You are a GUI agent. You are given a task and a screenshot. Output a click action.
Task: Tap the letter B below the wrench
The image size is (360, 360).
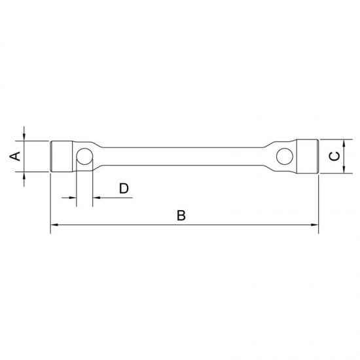pyautogui.click(x=182, y=215)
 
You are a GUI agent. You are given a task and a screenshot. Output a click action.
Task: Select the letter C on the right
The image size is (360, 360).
pyautogui.click(x=334, y=156)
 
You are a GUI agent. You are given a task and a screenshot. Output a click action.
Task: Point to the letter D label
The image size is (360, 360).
pyautogui.click(x=124, y=189)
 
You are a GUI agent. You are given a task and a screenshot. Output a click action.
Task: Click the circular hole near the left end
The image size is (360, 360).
pyautogui.click(x=84, y=156)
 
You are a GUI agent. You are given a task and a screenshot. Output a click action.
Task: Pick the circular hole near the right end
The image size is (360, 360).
pyautogui.click(x=284, y=156)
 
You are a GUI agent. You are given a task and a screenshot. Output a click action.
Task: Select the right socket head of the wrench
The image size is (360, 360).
pyautogui.click(x=306, y=156)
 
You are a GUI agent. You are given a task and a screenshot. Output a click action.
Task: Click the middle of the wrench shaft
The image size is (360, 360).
pyautogui.click(x=183, y=156)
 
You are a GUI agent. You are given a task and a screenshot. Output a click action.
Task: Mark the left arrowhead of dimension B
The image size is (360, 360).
pyautogui.click(x=54, y=225)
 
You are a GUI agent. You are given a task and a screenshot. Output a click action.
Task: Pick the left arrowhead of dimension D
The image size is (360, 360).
pyautogui.click(x=73, y=196)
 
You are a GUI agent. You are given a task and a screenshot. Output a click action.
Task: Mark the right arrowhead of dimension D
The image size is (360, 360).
pyautogui.click(x=96, y=196)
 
